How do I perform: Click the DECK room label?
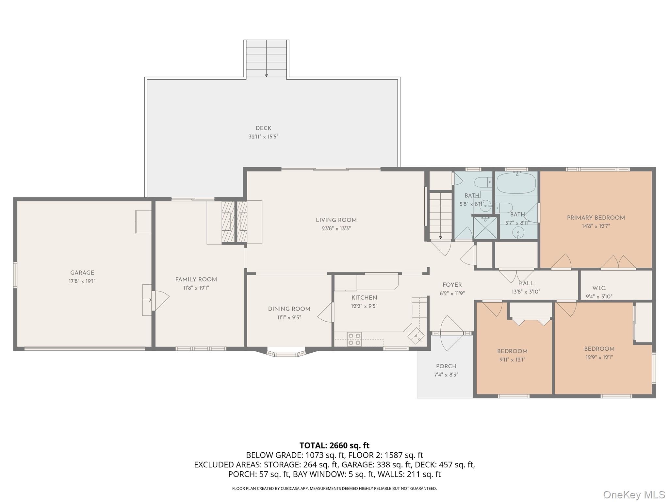[263, 128]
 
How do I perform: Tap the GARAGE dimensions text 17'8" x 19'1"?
[82, 281]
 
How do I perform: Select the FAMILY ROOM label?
[196, 279]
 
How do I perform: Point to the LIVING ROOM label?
[336, 220]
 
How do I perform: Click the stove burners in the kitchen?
[354, 339]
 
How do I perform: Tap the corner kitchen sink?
[416, 336]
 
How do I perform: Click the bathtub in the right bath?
[516, 183]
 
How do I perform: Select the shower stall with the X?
[485, 227]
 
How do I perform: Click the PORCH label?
[446, 366]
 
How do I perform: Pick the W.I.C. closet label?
[599, 288]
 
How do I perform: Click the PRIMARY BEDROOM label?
[596, 218]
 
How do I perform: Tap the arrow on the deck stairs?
[266, 75]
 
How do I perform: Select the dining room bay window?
[286, 353]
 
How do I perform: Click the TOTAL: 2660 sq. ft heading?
[334, 445]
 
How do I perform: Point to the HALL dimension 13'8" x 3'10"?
[526, 292]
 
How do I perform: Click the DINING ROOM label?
[289, 309]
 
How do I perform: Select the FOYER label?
[452, 285]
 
